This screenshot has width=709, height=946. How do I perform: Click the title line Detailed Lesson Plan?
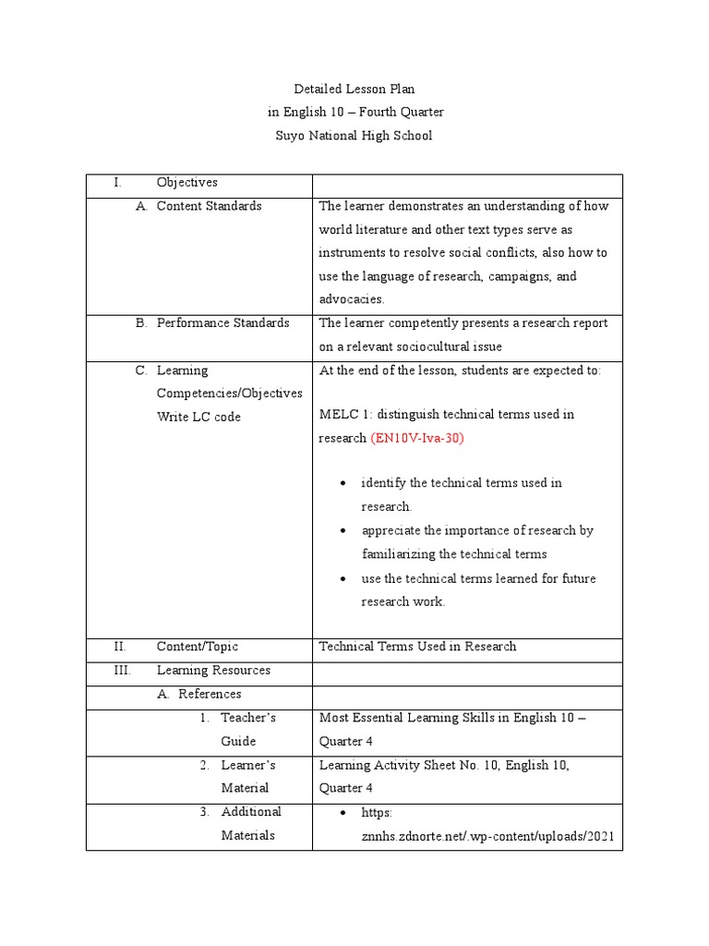tap(354, 89)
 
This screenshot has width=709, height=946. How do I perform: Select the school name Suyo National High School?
tap(354, 136)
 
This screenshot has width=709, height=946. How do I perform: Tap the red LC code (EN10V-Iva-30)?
tap(417, 438)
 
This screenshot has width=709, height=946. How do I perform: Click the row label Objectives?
tap(186, 183)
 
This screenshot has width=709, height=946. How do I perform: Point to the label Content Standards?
tap(209, 206)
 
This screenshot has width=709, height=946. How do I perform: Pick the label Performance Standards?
tap(222, 323)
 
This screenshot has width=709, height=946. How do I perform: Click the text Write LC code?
tap(198, 417)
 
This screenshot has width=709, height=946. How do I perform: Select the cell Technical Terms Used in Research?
tap(417, 647)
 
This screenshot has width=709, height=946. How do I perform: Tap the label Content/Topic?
tap(197, 647)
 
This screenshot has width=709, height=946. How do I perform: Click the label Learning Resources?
tap(213, 671)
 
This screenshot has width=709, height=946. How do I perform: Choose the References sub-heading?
tap(210, 694)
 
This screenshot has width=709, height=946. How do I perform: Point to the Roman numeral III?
tap(122, 671)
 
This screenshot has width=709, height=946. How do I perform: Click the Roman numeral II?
tap(120, 647)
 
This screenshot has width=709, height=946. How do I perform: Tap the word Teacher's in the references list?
tap(248, 718)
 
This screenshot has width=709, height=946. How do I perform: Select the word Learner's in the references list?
tap(247, 765)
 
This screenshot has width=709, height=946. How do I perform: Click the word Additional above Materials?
tap(251, 812)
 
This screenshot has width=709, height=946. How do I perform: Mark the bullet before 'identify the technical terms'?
tap(343, 484)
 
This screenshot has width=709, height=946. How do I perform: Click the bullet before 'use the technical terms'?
tap(343, 579)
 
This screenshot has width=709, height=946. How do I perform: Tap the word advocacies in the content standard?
tap(351, 299)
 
